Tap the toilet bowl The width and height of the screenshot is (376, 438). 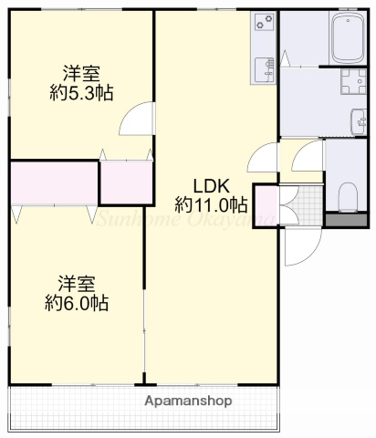click(348, 194)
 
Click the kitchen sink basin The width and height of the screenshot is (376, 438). click(263, 66)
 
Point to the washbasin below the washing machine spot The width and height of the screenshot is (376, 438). click(359, 119)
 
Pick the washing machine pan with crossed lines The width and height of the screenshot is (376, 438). click(350, 82)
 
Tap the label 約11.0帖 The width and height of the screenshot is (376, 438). click(211, 202)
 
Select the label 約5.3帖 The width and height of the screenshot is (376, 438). click(80, 92)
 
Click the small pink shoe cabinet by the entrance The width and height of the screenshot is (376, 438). click(266, 203)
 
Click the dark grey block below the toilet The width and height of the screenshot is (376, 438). click(347, 219)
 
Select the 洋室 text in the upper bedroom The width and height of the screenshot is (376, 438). click(80, 72)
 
